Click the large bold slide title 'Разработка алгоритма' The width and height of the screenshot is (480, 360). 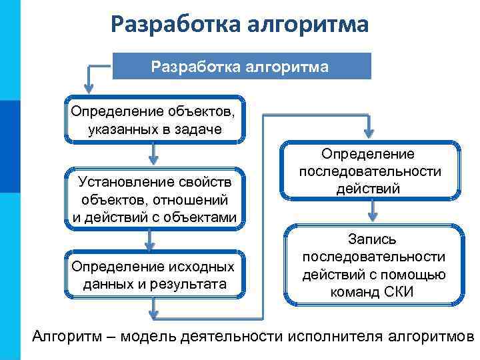239,25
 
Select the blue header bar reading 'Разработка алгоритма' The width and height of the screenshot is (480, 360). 241,67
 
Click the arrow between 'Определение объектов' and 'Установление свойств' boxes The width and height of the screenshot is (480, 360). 154,154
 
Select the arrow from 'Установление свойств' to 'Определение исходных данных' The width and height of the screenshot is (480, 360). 154,239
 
